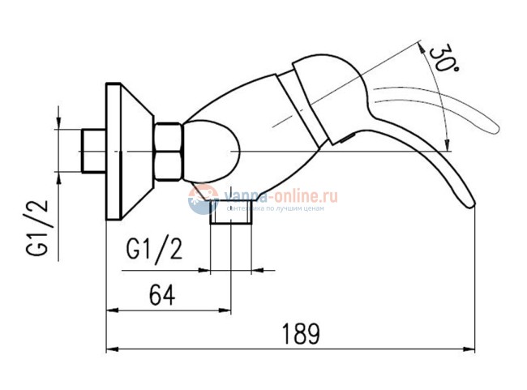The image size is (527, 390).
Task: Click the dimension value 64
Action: coord(162,295)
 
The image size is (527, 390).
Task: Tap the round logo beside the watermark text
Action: coord(204,199)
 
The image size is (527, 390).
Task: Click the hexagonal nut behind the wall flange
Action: coord(169,151)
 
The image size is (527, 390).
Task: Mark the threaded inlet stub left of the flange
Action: coord(94,152)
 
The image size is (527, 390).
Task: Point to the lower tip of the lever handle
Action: coord(468,204)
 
